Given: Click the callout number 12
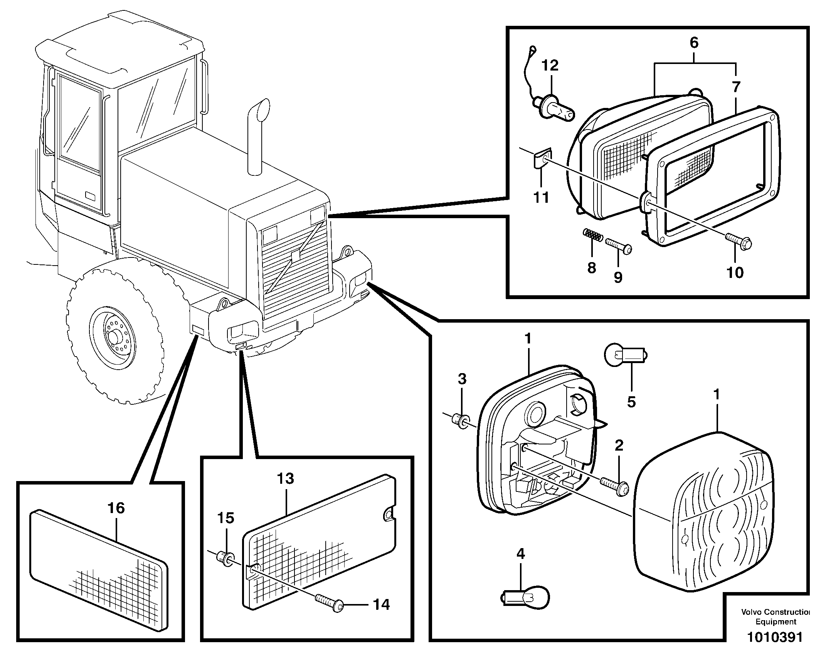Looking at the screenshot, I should coord(550,65).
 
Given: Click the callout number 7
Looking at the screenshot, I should coord(736,87).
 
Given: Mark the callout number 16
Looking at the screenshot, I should coord(116,508).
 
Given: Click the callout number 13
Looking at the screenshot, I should coord(285,479).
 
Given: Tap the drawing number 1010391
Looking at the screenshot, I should coord(775,648).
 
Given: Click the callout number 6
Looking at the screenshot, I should coord(694,43).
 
